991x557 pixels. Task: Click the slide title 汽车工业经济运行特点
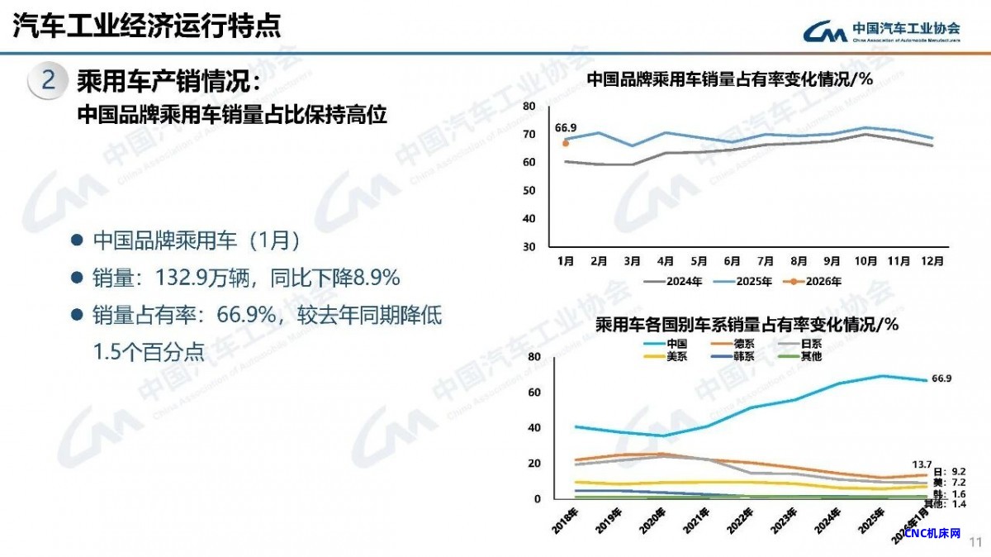click(147, 26)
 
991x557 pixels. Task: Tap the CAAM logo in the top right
click(882, 31)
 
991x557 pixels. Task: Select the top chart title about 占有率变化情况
click(730, 79)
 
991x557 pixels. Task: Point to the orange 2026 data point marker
click(566, 143)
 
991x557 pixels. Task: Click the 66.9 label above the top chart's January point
click(566, 128)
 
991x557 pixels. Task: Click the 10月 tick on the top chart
click(865, 260)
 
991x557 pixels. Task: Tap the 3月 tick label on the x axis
click(632, 260)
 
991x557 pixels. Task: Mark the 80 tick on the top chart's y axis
click(529, 106)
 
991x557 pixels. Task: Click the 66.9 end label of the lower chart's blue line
click(941, 378)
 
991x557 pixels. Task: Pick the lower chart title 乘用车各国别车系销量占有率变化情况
click(747, 325)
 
